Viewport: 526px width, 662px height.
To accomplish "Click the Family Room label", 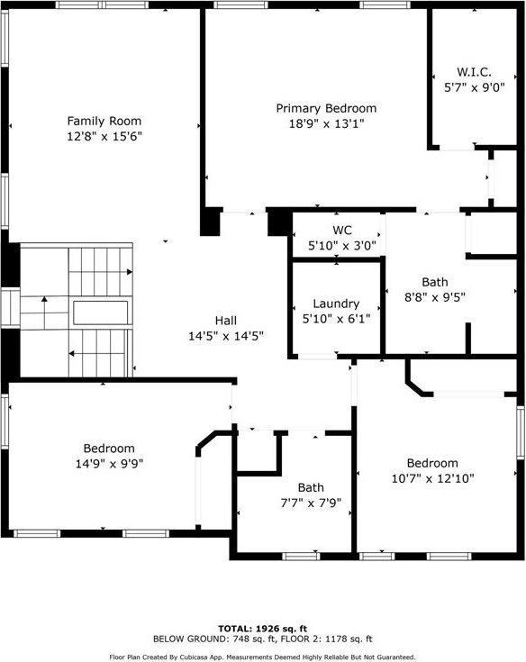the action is [x=104, y=122].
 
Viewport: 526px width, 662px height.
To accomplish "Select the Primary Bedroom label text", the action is [x=326, y=108].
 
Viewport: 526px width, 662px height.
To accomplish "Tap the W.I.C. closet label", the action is [x=474, y=72].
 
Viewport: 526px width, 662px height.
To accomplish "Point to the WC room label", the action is [x=342, y=230].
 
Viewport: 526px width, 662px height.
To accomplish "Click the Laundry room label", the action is [x=336, y=304].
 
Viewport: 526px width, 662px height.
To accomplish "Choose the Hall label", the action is [x=226, y=321].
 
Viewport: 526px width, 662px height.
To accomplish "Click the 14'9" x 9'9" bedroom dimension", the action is [x=109, y=464].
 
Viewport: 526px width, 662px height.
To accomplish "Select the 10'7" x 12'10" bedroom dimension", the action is [x=432, y=479].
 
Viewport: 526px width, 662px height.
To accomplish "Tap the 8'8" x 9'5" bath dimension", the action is [x=435, y=297].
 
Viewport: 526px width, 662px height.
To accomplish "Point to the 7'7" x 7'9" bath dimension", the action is [x=311, y=503].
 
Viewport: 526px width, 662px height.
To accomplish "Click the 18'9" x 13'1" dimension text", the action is [x=326, y=124].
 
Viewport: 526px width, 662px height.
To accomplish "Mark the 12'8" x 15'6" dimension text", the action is [x=104, y=137].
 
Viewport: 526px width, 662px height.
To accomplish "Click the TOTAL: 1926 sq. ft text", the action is [x=263, y=629].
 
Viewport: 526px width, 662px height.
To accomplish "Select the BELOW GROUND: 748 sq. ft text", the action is [x=214, y=639].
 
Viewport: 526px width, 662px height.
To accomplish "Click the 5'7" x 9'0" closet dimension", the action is [x=474, y=88].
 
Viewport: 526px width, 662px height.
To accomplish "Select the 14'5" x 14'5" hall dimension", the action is [x=226, y=337].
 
